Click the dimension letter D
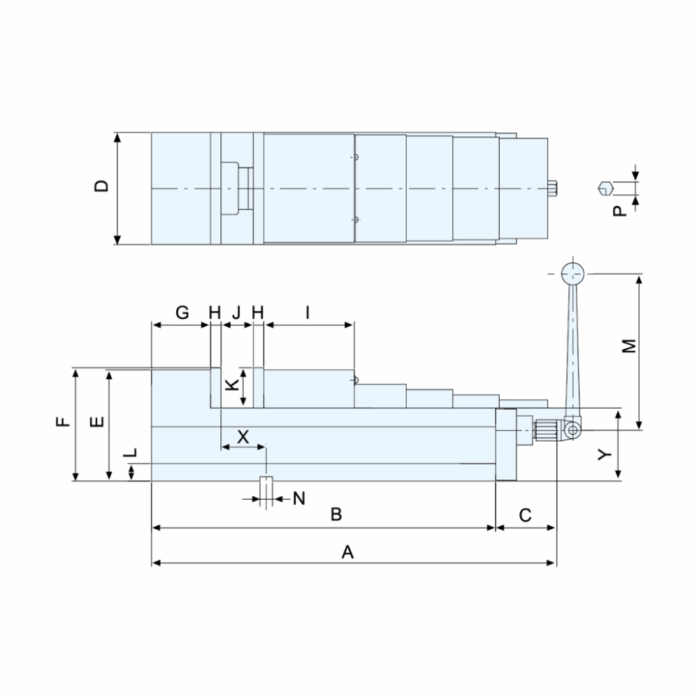click(102, 186)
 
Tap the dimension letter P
click(619, 211)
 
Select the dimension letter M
click(629, 347)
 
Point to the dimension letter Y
click(605, 455)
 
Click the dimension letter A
click(347, 552)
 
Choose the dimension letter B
click(336, 514)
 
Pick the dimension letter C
click(525, 515)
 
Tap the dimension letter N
click(299, 498)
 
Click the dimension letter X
click(243, 437)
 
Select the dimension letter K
click(232, 384)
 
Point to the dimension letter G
click(182, 312)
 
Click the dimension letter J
click(236, 312)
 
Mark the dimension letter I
click(308, 312)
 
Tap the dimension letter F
click(64, 421)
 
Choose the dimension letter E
click(96, 421)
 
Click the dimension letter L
click(130, 453)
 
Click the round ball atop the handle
click(572, 273)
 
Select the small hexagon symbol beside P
click(606, 189)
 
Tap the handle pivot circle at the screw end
click(572, 430)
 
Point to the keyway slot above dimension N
click(266, 479)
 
